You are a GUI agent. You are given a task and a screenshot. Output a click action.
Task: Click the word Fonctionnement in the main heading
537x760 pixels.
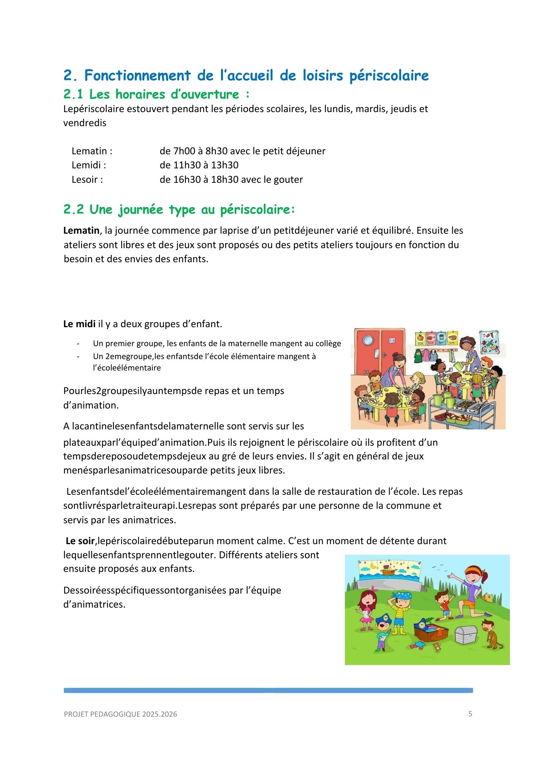pyautogui.click(x=137, y=75)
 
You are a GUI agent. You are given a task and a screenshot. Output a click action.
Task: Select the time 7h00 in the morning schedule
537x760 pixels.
pyautogui.click(x=184, y=151)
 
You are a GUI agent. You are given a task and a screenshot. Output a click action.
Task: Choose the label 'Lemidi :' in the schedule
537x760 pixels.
pyautogui.click(x=89, y=165)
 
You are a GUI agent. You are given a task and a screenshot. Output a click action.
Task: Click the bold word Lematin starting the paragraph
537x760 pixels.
pyautogui.click(x=81, y=231)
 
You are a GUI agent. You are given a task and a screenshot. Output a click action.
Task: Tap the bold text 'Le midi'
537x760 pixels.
pyautogui.click(x=79, y=324)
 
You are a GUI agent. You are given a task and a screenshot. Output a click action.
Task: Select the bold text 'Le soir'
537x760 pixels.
pyautogui.click(x=80, y=541)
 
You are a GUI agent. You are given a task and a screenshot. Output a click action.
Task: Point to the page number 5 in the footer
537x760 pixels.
pyautogui.click(x=470, y=714)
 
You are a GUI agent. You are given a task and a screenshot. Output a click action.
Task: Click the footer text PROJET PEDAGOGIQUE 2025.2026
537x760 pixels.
pyautogui.click(x=120, y=714)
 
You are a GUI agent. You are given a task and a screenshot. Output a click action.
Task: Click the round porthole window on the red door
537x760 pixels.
pyautogui.click(x=368, y=340)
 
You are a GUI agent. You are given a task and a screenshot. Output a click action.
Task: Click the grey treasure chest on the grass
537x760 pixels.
pyautogui.click(x=466, y=634)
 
